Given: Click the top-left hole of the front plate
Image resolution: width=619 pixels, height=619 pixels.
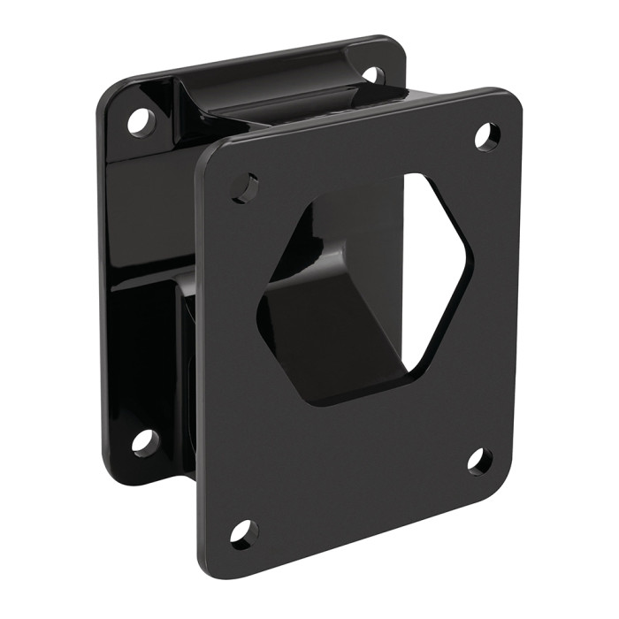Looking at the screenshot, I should pyautogui.click(x=245, y=187).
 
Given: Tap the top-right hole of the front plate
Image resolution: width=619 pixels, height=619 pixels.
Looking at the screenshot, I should pyautogui.click(x=486, y=135).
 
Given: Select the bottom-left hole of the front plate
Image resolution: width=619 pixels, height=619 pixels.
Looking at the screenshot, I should pyautogui.click(x=242, y=532).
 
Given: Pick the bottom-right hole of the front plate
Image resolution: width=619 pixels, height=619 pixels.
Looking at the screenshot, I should pyautogui.click(x=479, y=461).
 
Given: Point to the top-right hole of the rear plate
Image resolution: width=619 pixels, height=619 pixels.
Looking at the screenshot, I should pyautogui.click(x=375, y=74).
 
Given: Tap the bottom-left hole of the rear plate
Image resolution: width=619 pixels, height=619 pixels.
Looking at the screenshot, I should pyautogui.click(x=144, y=441).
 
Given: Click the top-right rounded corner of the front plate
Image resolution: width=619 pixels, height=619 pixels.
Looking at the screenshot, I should pyautogui.click(x=511, y=99).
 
